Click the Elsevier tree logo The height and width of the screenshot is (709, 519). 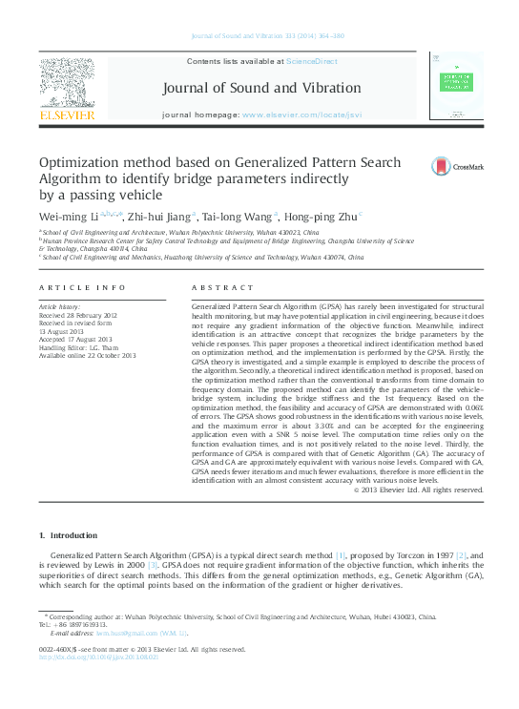pos(66,82)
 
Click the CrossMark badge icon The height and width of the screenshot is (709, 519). pos(442,166)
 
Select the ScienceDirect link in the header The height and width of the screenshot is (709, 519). pos(312,61)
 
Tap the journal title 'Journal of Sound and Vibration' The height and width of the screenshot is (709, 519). pos(262,89)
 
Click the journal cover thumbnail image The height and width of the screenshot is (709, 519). pos(457,87)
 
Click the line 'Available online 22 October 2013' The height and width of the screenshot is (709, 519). pos(87,355)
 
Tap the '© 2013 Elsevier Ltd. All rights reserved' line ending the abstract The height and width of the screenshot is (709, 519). pos(418,490)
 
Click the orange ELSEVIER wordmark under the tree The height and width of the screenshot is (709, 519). pos(66,115)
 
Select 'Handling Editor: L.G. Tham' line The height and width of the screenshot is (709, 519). pos(83,347)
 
